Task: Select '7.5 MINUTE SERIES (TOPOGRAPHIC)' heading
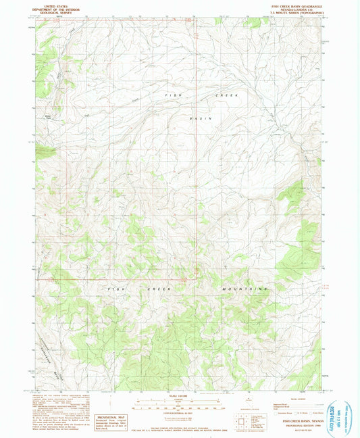click(298, 12)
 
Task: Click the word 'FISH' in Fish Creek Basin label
click(172, 97)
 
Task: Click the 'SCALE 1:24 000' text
click(179, 395)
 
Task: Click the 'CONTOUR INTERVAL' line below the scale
click(179, 413)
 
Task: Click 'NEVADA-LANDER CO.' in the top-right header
click(298, 8)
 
